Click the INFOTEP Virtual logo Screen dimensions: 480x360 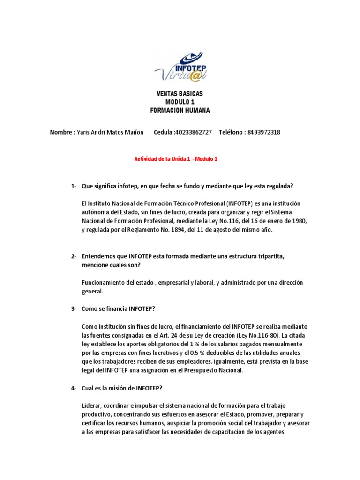pyautogui.click(x=180, y=67)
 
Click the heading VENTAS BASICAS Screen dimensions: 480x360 pyautogui.click(x=180, y=94)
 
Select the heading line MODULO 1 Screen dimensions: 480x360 pyautogui.click(x=180, y=102)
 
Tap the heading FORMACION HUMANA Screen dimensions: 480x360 pyautogui.click(x=180, y=110)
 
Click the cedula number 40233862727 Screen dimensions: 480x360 pyautogui.click(x=193, y=132)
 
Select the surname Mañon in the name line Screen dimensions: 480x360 pyautogui.click(x=133, y=132)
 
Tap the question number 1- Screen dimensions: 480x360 pyautogui.click(x=74, y=186)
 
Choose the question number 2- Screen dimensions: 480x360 pyautogui.click(x=74, y=256)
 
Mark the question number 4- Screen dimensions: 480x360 pyautogui.click(x=74, y=388)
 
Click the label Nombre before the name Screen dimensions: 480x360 pyautogui.click(x=61, y=132)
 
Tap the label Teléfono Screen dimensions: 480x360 pyautogui.click(x=231, y=132)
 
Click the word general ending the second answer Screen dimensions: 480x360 pyautogui.click(x=92, y=291)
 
